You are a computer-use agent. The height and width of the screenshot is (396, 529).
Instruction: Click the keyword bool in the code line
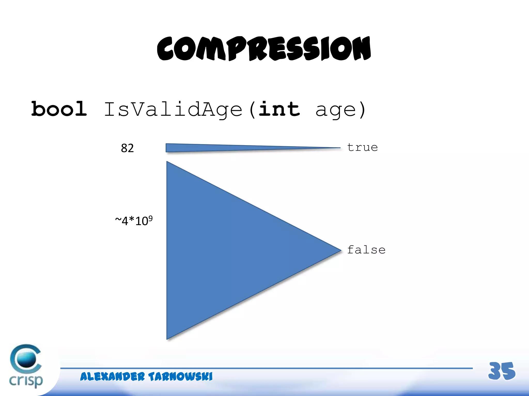pyautogui.click(x=59, y=109)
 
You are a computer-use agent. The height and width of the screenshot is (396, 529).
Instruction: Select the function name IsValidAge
pyautogui.click(x=173, y=110)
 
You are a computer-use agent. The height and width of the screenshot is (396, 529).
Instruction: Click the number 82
pyautogui.click(x=127, y=148)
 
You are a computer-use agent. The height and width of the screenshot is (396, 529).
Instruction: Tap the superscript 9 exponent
pyautogui.click(x=150, y=218)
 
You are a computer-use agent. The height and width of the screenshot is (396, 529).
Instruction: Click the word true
pyautogui.click(x=362, y=147)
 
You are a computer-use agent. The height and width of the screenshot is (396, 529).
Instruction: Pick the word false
pyautogui.click(x=366, y=250)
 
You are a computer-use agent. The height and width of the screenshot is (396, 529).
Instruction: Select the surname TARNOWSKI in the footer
pyautogui.click(x=180, y=377)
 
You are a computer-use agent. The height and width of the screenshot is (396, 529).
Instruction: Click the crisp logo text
pyautogui.click(x=26, y=381)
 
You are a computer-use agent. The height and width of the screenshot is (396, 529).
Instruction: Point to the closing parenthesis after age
pyautogui.click(x=362, y=110)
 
